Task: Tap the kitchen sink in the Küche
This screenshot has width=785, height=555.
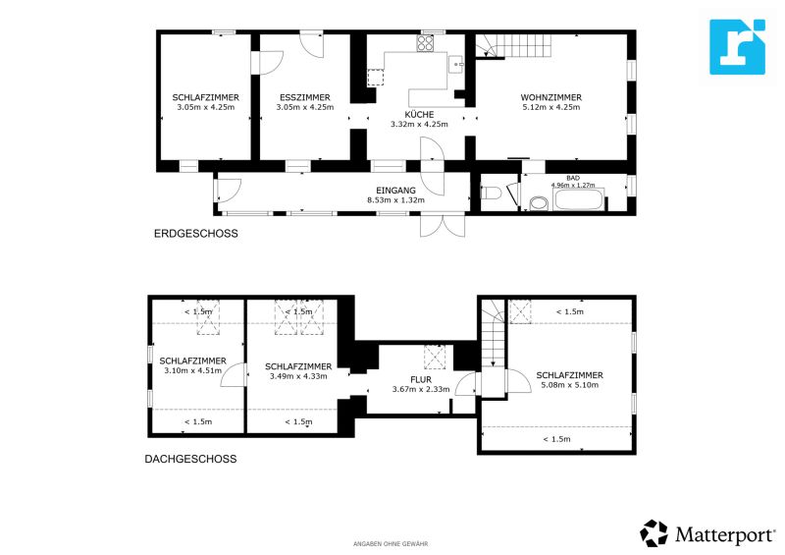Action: (x=456, y=66)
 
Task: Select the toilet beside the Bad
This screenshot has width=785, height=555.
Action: (x=492, y=194)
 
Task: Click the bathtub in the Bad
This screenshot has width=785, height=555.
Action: (x=580, y=200)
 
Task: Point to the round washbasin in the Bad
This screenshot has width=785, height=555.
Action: (x=537, y=203)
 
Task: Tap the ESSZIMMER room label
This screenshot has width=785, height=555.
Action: (x=304, y=97)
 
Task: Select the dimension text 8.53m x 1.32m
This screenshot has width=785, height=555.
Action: (x=396, y=199)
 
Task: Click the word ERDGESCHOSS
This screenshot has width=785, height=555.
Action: (x=196, y=234)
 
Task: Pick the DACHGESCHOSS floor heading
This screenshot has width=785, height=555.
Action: (x=190, y=459)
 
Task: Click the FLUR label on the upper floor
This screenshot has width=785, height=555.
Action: (x=407, y=378)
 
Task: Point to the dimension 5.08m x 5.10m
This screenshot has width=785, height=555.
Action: (x=569, y=385)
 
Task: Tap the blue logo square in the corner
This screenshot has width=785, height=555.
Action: (x=737, y=46)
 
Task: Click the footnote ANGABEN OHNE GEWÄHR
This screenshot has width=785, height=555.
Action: (x=391, y=543)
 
